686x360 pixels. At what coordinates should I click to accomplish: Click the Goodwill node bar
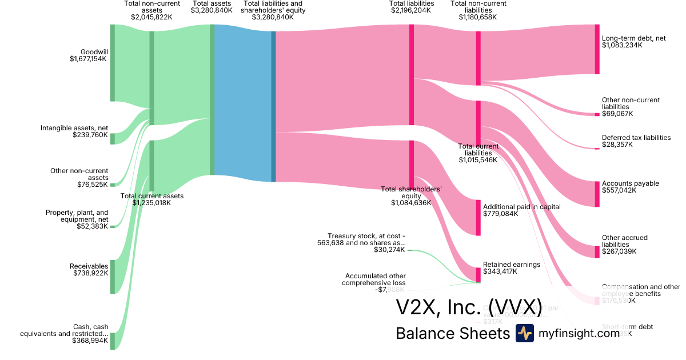click(x=113, y=63)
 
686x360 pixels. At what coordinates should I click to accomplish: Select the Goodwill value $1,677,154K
click(x=89, y=59)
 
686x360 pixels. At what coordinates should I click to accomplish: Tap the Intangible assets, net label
click(x=74, y=128)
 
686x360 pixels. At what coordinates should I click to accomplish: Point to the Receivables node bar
click(x=113, y=277)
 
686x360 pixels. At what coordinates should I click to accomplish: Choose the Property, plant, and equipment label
click(x=77, y=216)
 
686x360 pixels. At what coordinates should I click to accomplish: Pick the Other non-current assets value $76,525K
click(x=93, y=185)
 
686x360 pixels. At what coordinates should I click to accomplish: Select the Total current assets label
click(x=152, y=196)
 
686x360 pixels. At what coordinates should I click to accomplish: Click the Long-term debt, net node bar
click(x=597, y=49)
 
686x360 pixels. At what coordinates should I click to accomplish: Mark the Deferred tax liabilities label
click(x=636, y=138)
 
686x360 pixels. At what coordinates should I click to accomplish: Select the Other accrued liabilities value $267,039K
click(x=619, y=251)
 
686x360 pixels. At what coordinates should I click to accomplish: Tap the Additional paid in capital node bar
click(x=478, y=217)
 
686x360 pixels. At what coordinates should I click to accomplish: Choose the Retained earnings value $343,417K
click(x=500, y=271)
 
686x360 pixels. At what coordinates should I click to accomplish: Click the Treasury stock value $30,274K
click(x=389, y=250)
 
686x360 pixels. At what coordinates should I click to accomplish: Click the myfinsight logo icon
click(x=524, y=333)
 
